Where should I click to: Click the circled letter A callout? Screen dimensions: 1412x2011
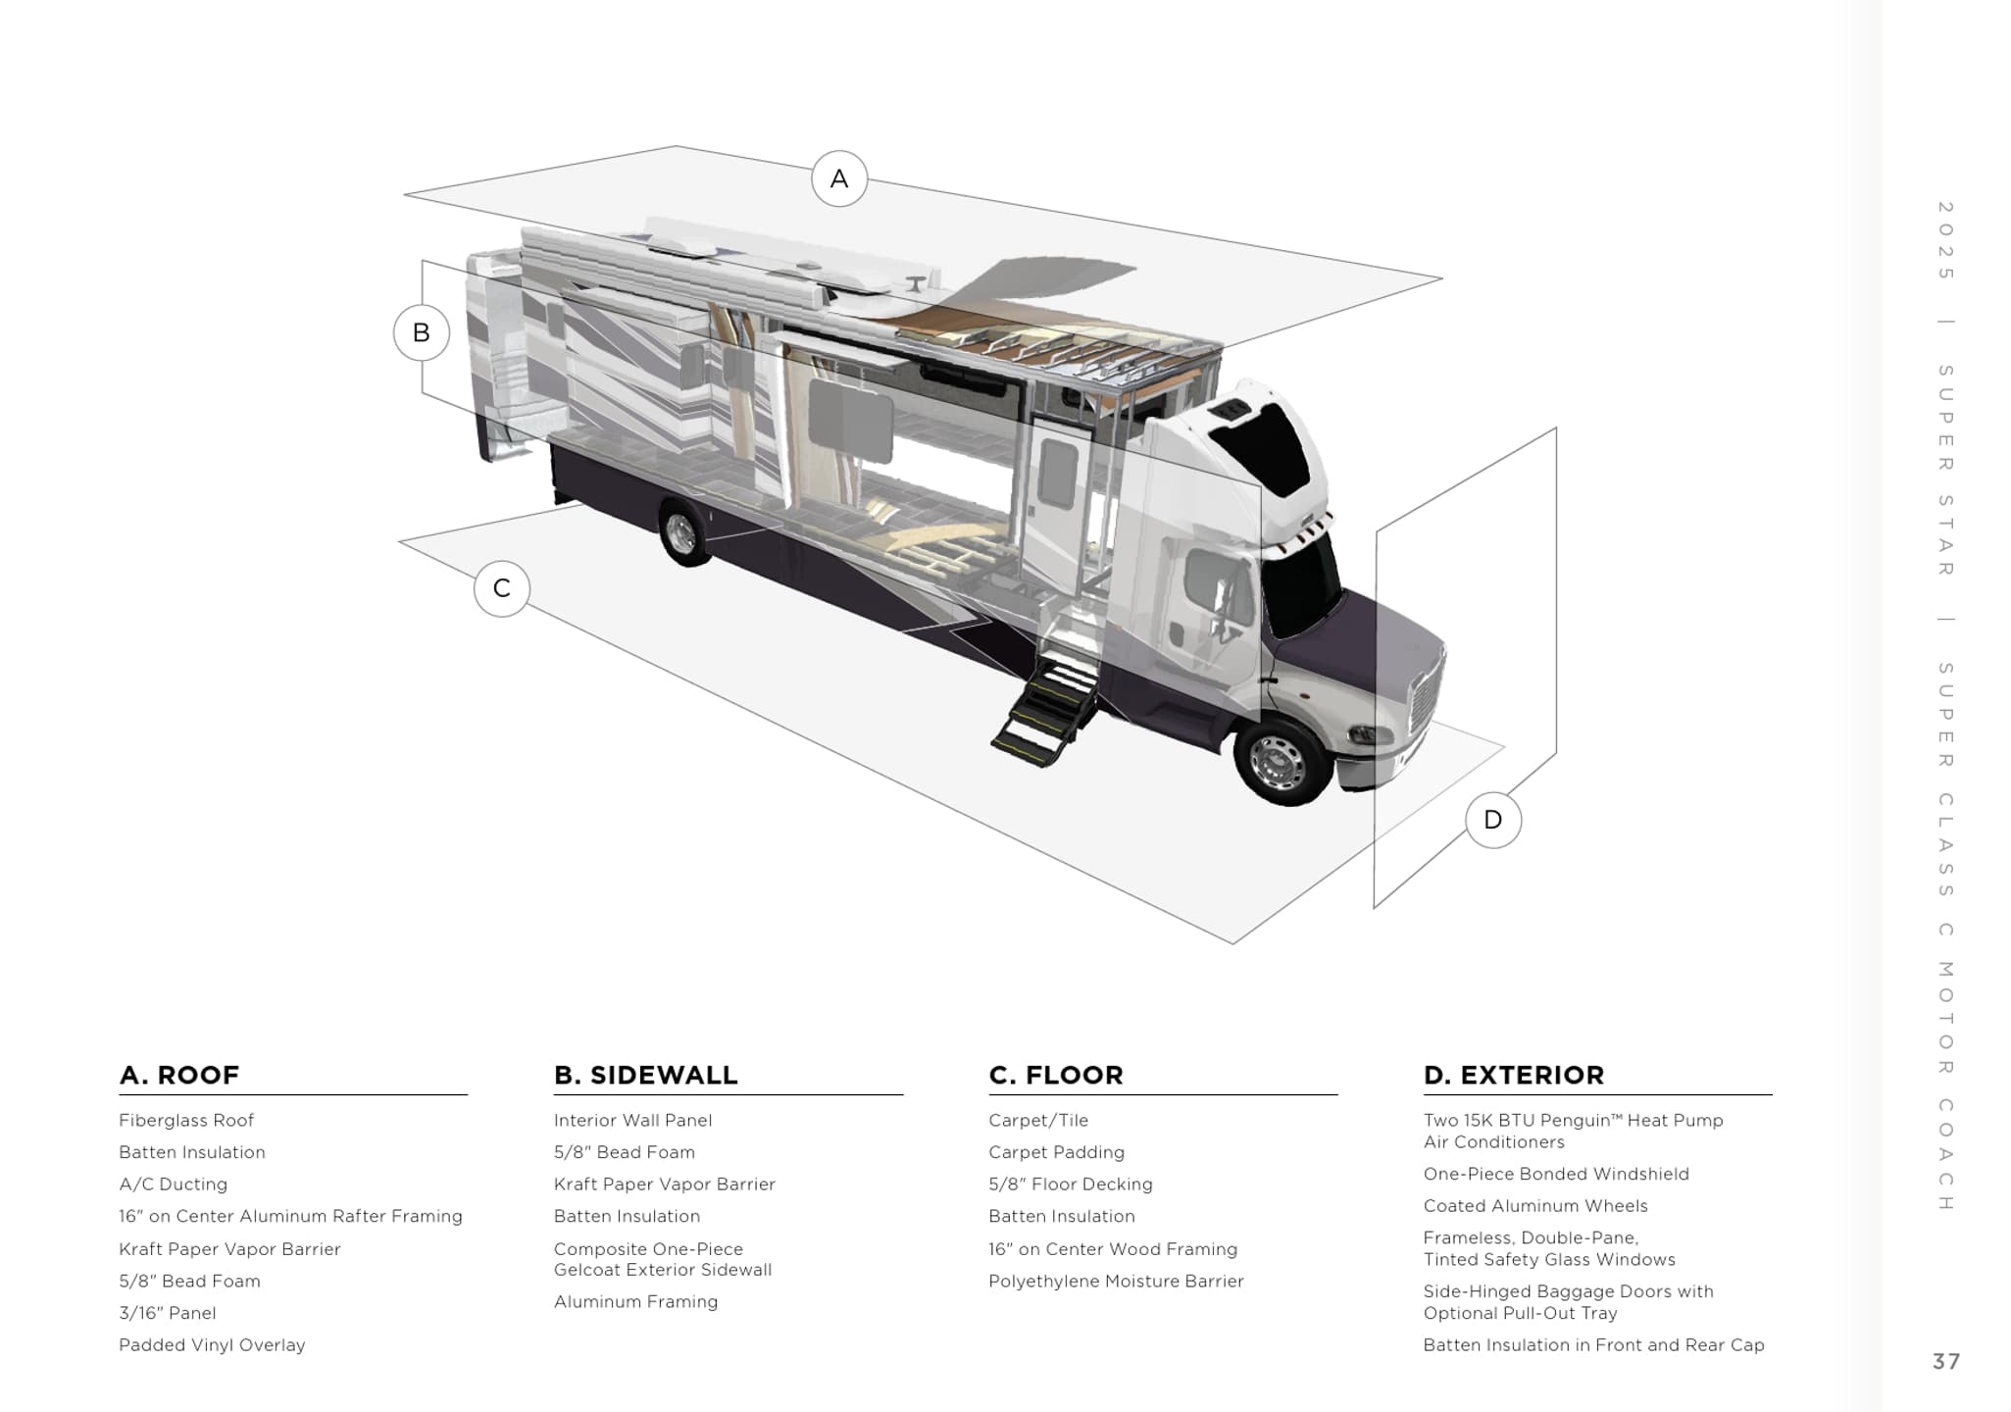click(x=839, y=178)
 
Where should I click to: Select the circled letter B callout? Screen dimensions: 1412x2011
click(x=422, y=332)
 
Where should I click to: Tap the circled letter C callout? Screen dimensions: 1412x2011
click(x=502, y=588)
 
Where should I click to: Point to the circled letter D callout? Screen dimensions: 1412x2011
click(x=1493, y=820)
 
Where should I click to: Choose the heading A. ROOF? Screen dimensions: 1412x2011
click(x=179, y=1075)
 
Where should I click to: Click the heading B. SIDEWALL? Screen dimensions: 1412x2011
click(x=645, y=1075)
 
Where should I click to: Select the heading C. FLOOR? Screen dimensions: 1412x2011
click(x=1056, y=1075)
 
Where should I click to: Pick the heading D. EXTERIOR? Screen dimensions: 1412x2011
click(x=1514, y=1075)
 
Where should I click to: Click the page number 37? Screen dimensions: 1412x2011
click(x=1946, y=1361)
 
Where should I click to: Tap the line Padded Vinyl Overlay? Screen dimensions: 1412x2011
click(x=212, y=1345)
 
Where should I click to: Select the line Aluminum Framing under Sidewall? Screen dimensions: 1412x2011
click(x=635, y=1302)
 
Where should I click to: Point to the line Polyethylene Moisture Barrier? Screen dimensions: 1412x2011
click(x=1116, y=1281)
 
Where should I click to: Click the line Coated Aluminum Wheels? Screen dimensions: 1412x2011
click(x=1535, y=1206)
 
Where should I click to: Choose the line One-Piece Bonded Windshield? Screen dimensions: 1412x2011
click(x=1556, y=1174)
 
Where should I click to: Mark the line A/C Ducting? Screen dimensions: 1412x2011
click(x=173, y=1185)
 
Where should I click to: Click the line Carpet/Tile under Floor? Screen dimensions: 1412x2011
click(x=1038, y=1120)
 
